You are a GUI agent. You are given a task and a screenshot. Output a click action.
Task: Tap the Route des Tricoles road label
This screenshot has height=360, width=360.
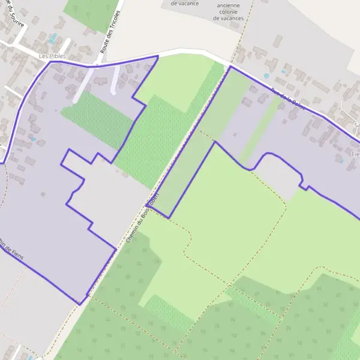coord(112,32)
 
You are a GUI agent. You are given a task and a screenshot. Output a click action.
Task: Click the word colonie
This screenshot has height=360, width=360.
coord(228,11)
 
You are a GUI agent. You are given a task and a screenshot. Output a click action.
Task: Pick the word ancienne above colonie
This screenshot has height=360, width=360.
coord(228,4)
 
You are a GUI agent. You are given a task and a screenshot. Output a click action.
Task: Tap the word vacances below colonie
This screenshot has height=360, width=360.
coord(228,19)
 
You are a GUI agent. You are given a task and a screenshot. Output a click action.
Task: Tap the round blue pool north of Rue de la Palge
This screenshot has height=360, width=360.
coord(266,76)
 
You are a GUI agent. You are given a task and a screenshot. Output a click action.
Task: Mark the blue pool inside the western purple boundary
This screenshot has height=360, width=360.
coord(34,139)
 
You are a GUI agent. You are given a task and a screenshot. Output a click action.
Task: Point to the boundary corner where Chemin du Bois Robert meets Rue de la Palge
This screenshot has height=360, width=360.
coord(230,66)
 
